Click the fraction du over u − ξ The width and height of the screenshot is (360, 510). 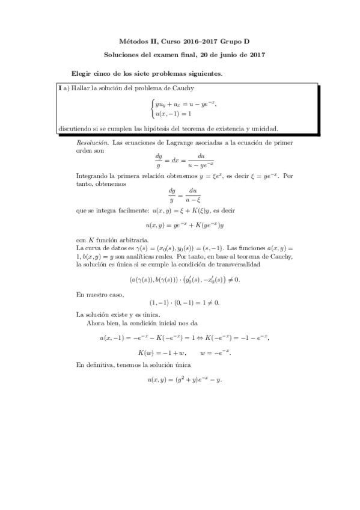point(192,195)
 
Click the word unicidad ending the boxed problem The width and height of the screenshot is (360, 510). point(264,128)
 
